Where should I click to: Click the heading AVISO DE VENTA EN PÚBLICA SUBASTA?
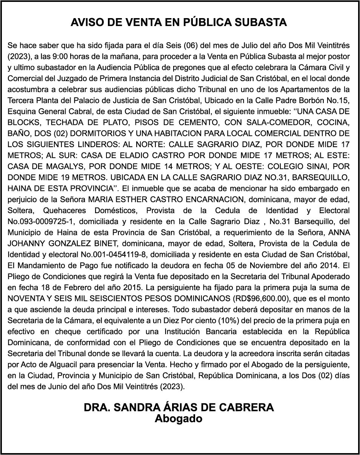(x=179, y=23)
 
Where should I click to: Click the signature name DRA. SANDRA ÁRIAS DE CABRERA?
(x=179, y=407)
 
